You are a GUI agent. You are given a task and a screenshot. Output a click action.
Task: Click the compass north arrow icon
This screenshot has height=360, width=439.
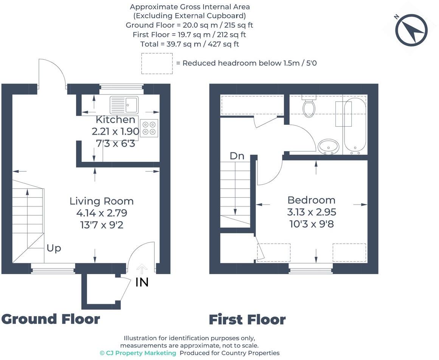tap(411, 30)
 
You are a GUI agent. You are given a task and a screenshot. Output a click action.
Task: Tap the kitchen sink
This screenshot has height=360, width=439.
tap(124, 105)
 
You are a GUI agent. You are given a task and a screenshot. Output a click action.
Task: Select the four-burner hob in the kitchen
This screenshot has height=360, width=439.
tap(149, 128)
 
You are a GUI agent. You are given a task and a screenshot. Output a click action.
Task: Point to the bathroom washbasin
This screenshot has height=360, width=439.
tap(328, 146)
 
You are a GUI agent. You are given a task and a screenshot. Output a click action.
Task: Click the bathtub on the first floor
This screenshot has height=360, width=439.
tap(355, 126)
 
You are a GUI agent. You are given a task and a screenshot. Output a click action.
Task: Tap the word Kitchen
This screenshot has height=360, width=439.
tap(115, 120)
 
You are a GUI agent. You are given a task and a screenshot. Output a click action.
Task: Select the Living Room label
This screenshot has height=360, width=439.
tap(101, 201)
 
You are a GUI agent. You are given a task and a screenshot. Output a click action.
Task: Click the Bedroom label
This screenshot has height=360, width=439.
tap(311, 200)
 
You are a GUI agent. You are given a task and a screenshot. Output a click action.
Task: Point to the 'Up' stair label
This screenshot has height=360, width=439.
tap(54, 248)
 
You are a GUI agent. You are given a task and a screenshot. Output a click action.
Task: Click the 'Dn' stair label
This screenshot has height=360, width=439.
tap(237, 156)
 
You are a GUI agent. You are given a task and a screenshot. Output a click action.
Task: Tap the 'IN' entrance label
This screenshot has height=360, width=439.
tap(142, 282)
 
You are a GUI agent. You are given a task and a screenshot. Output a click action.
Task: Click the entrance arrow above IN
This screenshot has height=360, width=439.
tap(142, 269)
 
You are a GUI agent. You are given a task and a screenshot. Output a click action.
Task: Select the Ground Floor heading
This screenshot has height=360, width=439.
tap(51, 319)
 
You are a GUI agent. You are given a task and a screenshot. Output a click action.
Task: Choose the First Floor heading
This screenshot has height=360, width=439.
tap(247, 320)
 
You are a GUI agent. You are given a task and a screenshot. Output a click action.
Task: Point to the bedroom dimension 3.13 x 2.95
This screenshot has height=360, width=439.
tap(312, 212)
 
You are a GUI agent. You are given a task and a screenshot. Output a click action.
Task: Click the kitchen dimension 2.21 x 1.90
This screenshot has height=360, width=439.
tap(115, 132)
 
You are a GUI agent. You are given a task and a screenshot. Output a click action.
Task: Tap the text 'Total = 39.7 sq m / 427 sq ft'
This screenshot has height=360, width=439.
tap(189, 44)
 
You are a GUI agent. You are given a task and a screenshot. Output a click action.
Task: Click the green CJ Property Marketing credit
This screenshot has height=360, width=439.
tap(138, 353)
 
